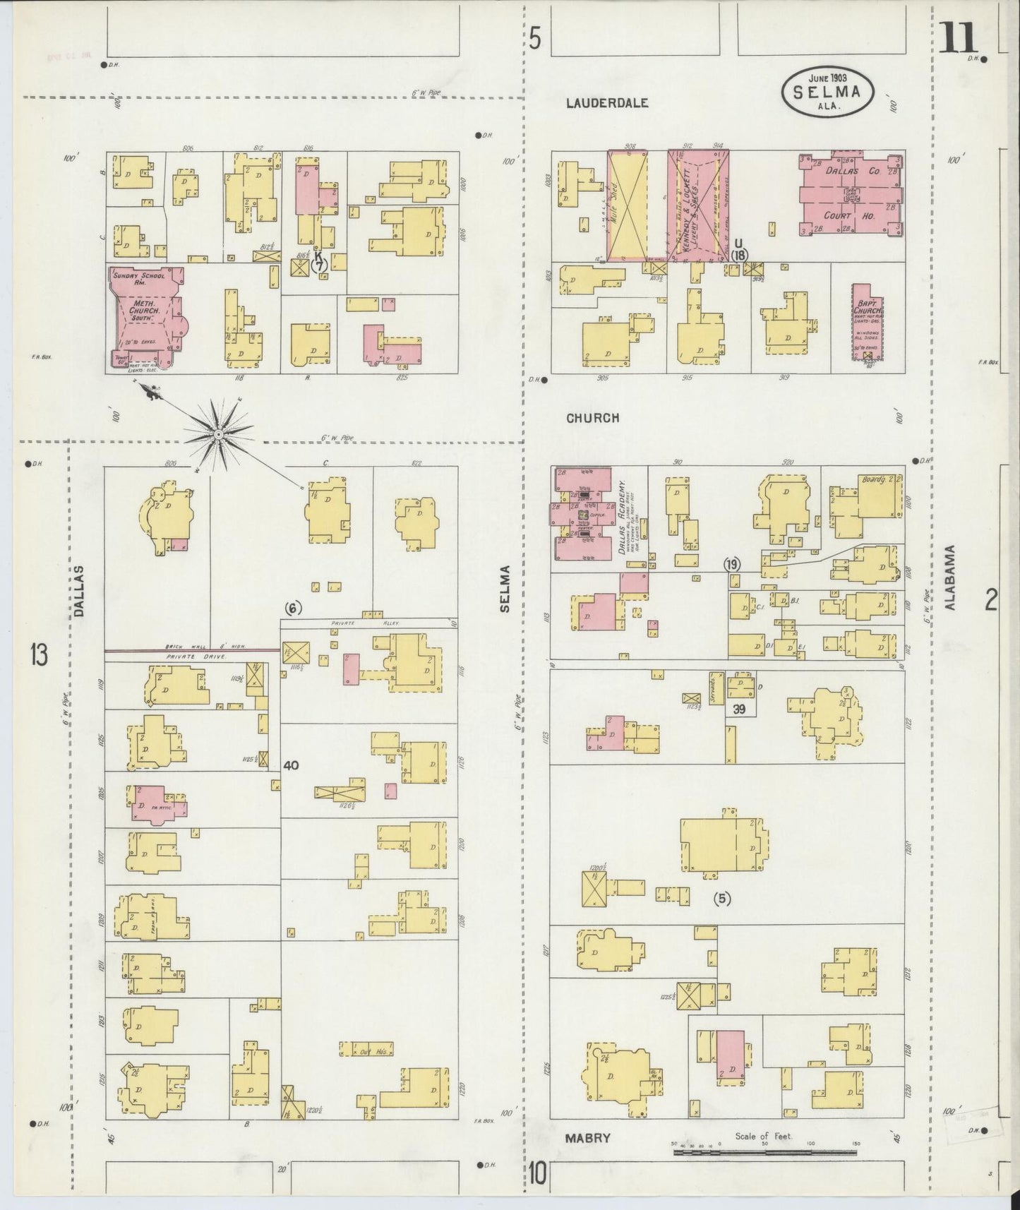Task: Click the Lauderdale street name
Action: click(x=607, y=103)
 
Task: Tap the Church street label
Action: click(x=592, y=418)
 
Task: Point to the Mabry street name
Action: click(x=587, y=1137)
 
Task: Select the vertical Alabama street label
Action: click(x=949, y=577)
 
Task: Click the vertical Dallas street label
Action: click(x=78, y=592)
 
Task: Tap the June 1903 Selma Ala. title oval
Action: click(x=827, y=91)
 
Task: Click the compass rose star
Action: click(x=218, y=436)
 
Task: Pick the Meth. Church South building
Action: click(x=144, y=315)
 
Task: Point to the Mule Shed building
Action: click(x=626, y=204)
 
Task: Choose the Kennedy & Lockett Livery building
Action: click(x=698, y=204)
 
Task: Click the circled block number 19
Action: click(x=732, y=564)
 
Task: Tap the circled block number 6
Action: click(x=293, y=608)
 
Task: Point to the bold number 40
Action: click(x=292, y=765)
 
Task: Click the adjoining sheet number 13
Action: click(x=38, y=656)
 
